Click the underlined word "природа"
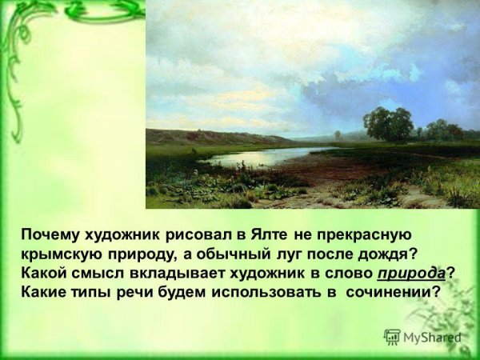point(412,274)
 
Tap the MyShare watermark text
point(433,338)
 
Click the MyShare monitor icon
point(392,337)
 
